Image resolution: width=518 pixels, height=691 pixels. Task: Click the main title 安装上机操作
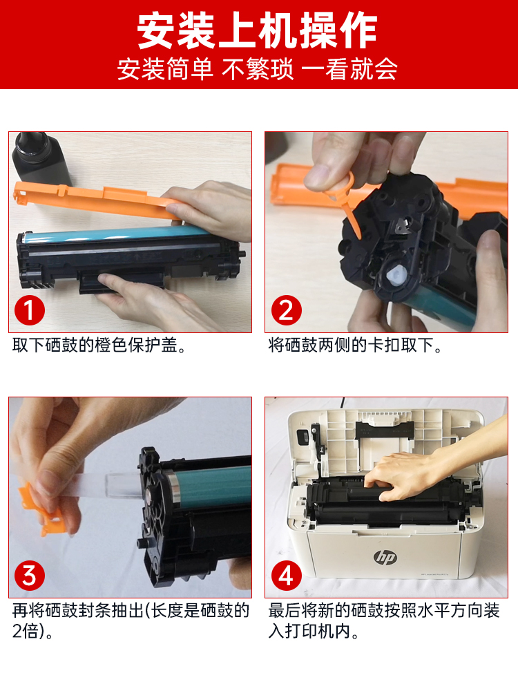tap(257, 30)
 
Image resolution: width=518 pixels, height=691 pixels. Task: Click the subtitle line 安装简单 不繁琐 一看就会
tap(257, 69)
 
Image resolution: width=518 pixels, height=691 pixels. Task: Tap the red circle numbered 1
tap(30, 310)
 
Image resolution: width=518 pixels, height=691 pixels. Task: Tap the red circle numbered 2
tap(287, 310)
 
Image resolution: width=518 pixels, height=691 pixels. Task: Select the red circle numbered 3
tap(30, 576)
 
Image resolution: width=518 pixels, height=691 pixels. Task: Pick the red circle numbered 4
tap(287, 576)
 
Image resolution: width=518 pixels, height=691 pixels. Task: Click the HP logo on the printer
tap(385, 557)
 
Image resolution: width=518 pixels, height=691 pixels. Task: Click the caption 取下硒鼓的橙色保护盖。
tap(99, 345)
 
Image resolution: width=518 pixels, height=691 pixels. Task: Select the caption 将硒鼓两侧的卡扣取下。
tap(355, 345)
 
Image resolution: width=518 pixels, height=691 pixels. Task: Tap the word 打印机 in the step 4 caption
tap(311, 632)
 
